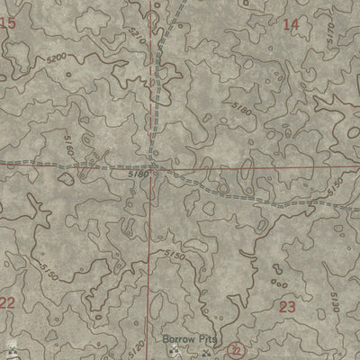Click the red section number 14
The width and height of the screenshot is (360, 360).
coord(290,24)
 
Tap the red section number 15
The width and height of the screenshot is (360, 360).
coord(8,24)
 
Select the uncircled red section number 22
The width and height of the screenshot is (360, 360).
coord(7,303)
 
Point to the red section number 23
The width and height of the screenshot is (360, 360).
coord(288,307)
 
